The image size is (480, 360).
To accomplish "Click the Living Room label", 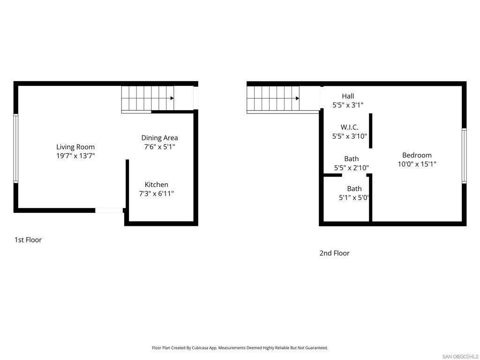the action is point(75,147).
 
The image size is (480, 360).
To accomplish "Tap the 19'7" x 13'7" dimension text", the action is point(75,156).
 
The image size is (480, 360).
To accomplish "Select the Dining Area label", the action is point(159,138).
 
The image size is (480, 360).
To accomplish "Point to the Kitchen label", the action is point(157,185).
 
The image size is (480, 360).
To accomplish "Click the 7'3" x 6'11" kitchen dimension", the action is point(157,194).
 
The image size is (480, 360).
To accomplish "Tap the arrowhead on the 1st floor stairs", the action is point(172,98).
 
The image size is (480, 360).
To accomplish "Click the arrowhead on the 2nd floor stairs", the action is point(297,98).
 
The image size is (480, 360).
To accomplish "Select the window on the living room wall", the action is point(16,149).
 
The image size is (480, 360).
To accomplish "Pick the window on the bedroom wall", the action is point(464,156).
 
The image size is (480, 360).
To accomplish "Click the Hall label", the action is point(348,96).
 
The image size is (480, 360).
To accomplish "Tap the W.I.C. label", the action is point(349,127).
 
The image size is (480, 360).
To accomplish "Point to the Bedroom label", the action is point(417,155).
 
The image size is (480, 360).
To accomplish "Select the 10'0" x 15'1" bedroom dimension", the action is point(417,164).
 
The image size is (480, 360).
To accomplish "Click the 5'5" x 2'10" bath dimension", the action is point(352,168).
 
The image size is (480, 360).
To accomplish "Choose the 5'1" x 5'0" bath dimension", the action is point(353,198).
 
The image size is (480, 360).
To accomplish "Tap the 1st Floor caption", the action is point(28,240).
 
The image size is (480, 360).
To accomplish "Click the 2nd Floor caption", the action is point(334,253).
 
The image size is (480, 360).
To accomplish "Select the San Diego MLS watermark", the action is point(460,357).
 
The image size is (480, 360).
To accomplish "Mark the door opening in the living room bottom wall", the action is point(109,210).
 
